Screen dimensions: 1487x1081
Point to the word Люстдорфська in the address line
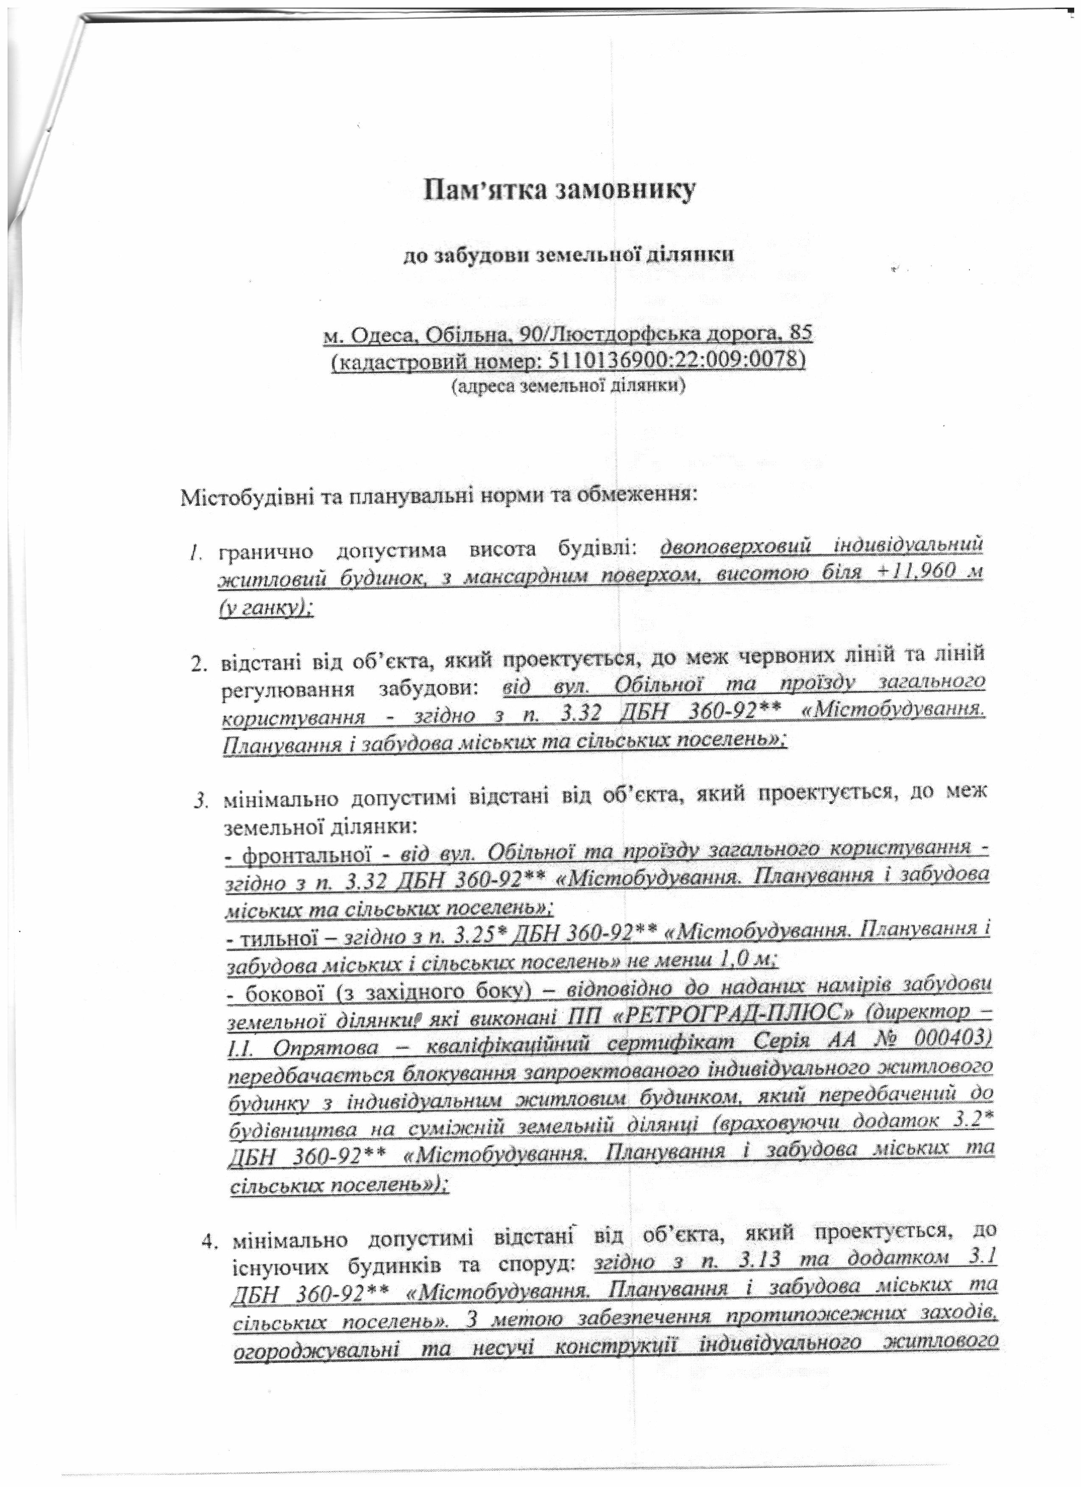tap(613, 335)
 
